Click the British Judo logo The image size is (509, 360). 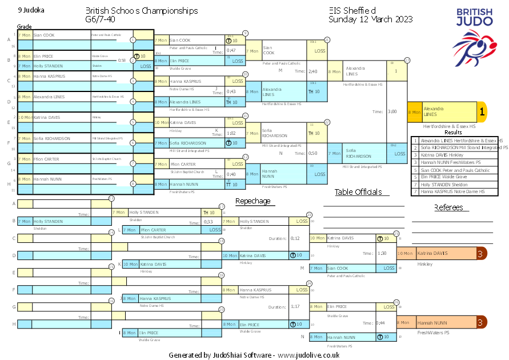[x=474, y=38]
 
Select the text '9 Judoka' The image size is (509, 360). [x=31, y=10]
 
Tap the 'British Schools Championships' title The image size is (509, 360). [x=142, y=11]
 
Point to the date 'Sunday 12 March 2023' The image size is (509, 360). [x=370, y=19]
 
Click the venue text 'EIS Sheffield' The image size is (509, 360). [x=352, y=11]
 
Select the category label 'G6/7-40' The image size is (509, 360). [x=101, y=19]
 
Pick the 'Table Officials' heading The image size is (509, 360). [x=358, y=192]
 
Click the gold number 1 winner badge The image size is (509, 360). [x=482, y=112]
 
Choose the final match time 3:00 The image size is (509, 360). [x=392, y=112]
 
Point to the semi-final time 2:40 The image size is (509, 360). [x=312, y=71]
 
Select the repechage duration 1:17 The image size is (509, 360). [x=295, y=307]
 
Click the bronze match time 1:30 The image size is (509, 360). [x=383, y=253]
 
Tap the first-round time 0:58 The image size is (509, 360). [x=122, y=60]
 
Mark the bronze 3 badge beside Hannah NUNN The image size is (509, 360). [x=482, y=323]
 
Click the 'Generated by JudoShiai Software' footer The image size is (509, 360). [x=254, y=355]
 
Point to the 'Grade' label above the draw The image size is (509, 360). [x=25, y=26]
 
